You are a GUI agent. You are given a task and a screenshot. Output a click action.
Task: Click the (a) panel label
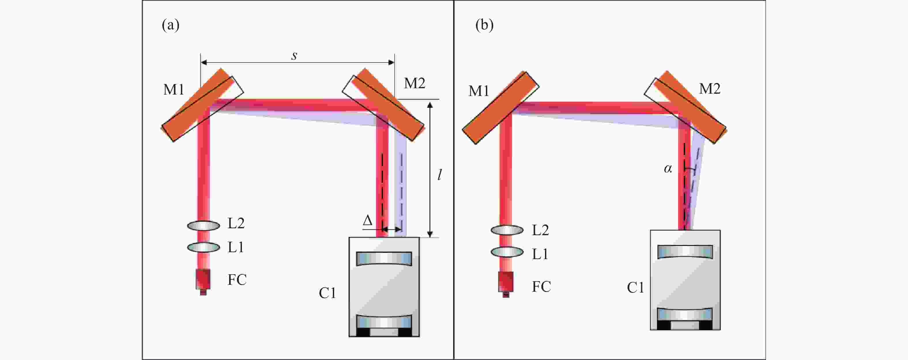[x=171, y=25]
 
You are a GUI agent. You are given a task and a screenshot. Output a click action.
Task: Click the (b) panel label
[x=484, y=25]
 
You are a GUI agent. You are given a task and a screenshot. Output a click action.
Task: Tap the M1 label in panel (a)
[x=174, y=90]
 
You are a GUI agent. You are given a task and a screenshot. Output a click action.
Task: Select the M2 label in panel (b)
[x=710, y=88]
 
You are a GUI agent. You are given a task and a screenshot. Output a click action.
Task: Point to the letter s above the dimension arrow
[x=294, y=55]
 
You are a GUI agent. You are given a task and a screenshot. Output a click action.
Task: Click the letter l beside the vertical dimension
[x=440, y=175]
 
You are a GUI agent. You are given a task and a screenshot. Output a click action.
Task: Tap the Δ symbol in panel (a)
[x=368, y=221]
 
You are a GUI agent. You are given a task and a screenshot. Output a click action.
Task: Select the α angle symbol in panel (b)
[x=668, y=169]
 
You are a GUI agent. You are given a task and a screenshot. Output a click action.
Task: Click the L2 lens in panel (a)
[x=204, y=225]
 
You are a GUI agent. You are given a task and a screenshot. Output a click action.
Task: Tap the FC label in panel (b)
[x=541, y=287]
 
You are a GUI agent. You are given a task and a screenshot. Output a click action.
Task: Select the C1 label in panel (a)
[x=327, y=293]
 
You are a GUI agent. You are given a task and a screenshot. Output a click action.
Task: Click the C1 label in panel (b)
[x=635, y=288]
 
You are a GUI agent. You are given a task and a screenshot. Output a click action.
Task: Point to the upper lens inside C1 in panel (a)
[x=384, y=259]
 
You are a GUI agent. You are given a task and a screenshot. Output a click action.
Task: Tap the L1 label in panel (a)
[x=236, y=247]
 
